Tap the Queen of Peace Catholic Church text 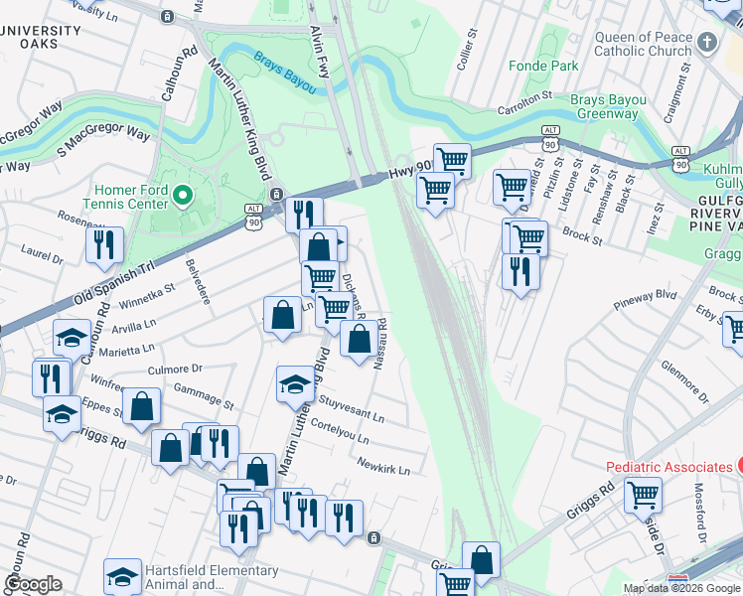642,44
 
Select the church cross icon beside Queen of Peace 706,43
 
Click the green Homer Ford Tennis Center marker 182,196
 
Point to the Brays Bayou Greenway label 608,106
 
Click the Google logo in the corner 33,584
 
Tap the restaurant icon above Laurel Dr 104,243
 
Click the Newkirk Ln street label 383,466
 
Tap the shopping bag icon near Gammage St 142,405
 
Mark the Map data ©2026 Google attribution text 680,588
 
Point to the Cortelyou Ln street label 340,432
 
